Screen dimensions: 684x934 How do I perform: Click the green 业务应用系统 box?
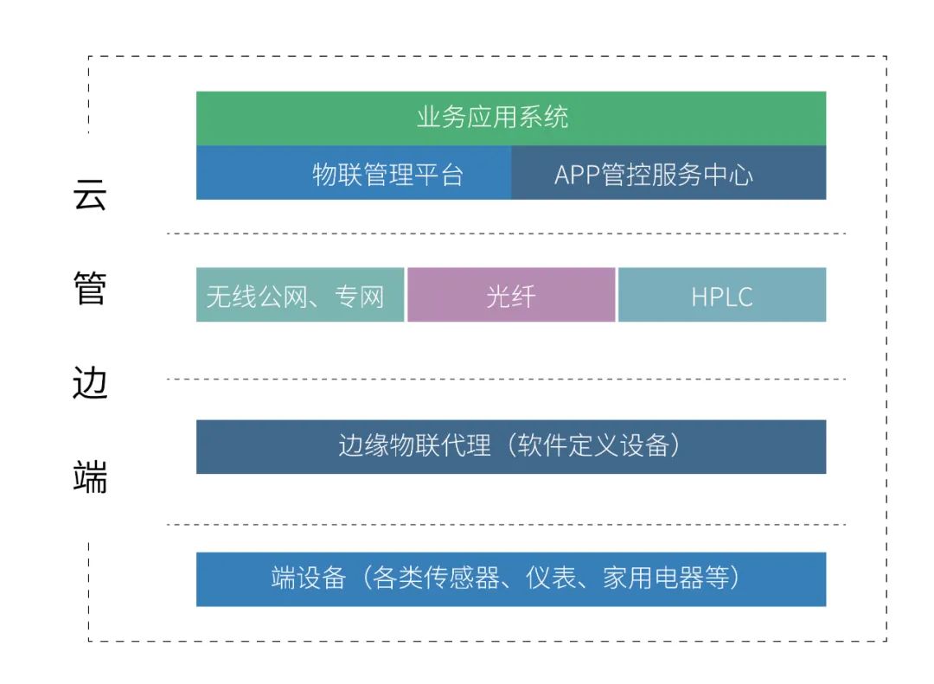[x=510, y=118]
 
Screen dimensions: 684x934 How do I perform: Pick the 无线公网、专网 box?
[x=299, y=295]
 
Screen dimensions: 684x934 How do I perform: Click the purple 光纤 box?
[x=511, y=295]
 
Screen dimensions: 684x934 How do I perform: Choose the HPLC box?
[x=722, y=295]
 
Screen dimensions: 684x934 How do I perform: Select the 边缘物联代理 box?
[x=510, y=446]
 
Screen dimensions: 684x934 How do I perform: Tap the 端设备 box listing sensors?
[x=510, y=579]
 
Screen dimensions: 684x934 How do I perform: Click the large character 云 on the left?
[x=90, y=196]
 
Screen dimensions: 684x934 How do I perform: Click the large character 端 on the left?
[x=90, y=476]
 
